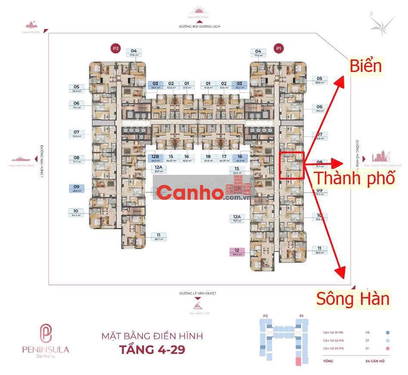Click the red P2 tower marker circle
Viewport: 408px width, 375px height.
115,49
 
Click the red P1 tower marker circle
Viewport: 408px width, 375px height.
279,49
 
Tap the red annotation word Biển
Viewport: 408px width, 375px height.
366,66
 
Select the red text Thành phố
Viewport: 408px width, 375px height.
354,177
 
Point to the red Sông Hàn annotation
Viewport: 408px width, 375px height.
353,298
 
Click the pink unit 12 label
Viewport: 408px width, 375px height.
237,251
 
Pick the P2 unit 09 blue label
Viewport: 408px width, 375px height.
76,189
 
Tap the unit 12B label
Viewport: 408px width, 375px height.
155,158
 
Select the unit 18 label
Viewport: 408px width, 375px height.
208,158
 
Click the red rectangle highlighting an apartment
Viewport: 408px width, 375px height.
292,165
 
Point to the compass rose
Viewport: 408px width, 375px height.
382,23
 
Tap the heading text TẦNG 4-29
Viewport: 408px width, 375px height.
152,349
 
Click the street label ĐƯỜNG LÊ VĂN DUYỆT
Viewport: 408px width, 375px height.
198,293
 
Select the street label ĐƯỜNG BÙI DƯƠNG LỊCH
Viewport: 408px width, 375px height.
200,26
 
